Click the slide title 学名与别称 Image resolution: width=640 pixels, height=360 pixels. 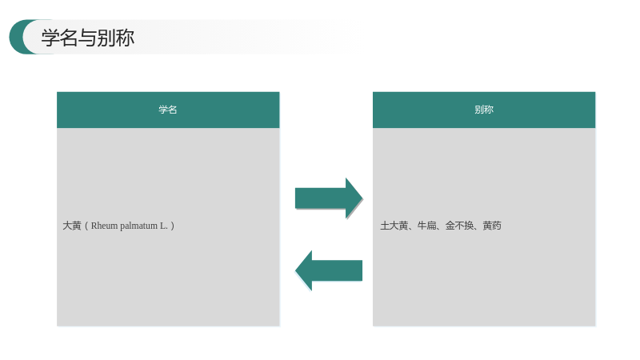point(88,38)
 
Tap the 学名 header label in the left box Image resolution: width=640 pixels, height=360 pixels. point(168,110)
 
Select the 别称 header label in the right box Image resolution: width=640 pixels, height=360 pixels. point(484,110)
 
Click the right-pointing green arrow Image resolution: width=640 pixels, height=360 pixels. point(329,198)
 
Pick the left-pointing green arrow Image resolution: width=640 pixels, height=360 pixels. point(329,270)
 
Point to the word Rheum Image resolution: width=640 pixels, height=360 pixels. point(104,226)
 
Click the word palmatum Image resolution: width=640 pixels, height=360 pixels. point(138,226)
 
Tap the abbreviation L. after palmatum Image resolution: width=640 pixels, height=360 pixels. point(164,226)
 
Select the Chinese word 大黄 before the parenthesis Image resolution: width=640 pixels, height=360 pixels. point(72,226)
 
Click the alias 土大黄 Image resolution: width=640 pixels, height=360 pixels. point(394,226)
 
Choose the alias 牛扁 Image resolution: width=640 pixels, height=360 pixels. point(426,226)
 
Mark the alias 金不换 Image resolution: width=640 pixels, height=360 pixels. point(459,226)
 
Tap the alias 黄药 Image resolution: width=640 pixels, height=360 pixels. point(492,226)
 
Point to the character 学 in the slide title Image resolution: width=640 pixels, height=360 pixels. point(50,38)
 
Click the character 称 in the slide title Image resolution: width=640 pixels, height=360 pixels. point(125,38)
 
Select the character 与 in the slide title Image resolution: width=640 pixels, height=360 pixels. point(87,38)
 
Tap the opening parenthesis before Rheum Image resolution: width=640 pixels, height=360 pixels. point(86,226)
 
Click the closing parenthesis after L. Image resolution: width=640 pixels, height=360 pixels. point(172,226)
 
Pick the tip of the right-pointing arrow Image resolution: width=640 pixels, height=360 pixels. point(362,198)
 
